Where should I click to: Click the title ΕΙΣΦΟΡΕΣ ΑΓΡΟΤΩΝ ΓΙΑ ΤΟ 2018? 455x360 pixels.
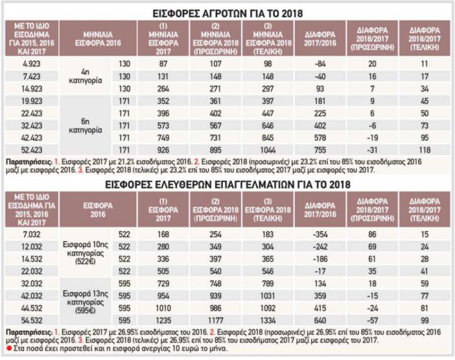[x=227, y=14]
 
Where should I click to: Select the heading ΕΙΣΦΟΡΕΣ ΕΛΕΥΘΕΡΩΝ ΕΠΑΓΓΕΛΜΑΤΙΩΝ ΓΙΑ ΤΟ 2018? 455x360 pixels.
[x=227, y=185]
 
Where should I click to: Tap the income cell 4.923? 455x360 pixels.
[x=32, y=64]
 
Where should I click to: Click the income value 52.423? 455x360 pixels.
[x=32, y=150]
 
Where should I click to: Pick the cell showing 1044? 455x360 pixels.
[x=268, y=150]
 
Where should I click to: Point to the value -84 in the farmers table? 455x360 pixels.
[x=320, y=64]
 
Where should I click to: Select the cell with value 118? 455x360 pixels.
[x=424, y=150]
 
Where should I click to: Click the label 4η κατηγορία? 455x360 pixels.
[x=85, y=76]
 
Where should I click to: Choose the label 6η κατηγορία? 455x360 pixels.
[x=85, y=125]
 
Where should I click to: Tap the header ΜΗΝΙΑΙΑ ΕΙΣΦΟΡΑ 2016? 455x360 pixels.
[x=98, y=39]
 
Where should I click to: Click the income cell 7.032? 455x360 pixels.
[x=32, y=235]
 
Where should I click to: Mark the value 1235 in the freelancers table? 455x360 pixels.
[x=163, y=320]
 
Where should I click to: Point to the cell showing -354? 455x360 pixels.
[x=320, y=235]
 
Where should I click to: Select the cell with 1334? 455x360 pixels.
[x=268, y=320]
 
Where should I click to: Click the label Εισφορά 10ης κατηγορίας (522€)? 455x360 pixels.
[x=85, y=253]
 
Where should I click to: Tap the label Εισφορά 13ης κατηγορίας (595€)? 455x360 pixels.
[x=85, y=302]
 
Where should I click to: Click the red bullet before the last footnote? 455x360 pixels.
[x=9, y=348]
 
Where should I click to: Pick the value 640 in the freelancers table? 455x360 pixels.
[x=320, y=320]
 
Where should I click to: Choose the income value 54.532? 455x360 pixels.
[x=32, y=320]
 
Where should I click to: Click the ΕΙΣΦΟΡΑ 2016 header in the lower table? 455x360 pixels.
[x=98, y=210]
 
